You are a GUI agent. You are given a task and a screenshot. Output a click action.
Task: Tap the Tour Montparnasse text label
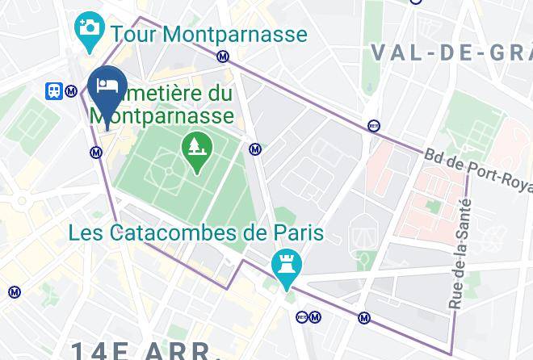(209, 35)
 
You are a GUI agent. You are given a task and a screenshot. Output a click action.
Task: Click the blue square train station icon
(54, 91)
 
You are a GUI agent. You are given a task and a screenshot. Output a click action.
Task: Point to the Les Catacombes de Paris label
(196, 233)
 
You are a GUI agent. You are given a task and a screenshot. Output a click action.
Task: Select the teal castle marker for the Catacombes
(285, 266)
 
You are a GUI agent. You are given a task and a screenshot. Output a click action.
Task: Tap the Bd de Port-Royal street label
(476, 171)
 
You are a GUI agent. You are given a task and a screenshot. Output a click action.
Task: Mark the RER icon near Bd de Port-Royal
(373, 125)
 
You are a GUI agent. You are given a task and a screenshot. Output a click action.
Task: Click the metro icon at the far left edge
(15, 292)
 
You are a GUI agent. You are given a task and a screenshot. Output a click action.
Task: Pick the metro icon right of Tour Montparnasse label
(223, 57)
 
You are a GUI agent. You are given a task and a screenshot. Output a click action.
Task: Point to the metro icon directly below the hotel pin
(96, 151)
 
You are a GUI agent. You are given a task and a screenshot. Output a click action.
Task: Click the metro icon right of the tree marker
(255, 149)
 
